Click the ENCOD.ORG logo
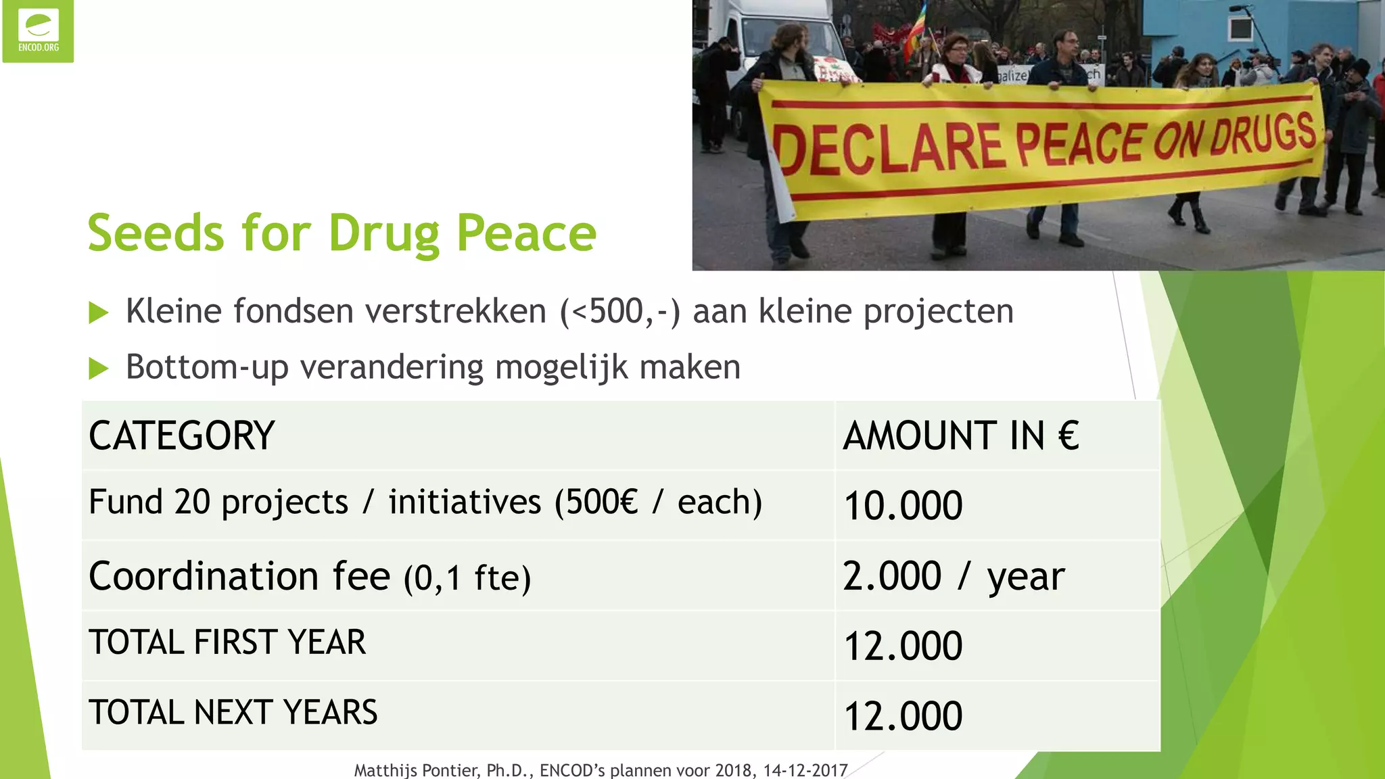[x=38, y=31]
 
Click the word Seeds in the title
[x=156, y=233]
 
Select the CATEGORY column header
[x=181, y=435]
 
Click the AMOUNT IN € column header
[x=960, y=435]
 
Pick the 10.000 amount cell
[x=903, y=506]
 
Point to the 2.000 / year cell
[x=954, y=576]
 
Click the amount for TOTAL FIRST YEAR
[x=903, y=646]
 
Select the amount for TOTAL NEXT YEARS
[x=903, y=716]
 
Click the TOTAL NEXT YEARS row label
[x=233, y=712]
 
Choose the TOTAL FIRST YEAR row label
[x=227, y=642]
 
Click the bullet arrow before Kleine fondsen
[x=99, y=313]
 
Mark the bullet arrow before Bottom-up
[x=99, y=369]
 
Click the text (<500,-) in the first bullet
[x=619, y=312]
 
